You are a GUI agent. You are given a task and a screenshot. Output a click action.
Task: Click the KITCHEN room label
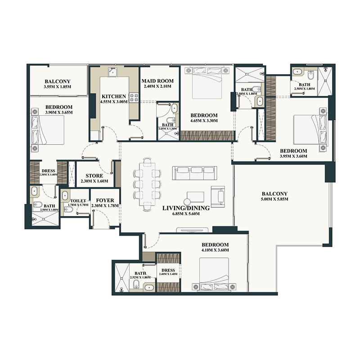point(110,96)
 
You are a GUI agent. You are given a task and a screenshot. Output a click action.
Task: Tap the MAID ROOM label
point(155,81)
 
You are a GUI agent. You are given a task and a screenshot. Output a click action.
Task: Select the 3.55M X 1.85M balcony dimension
point(58,87)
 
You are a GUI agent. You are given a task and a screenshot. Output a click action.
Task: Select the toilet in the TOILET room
point(65,197)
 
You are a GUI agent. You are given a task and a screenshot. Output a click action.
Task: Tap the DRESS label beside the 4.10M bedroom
point(167,270)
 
